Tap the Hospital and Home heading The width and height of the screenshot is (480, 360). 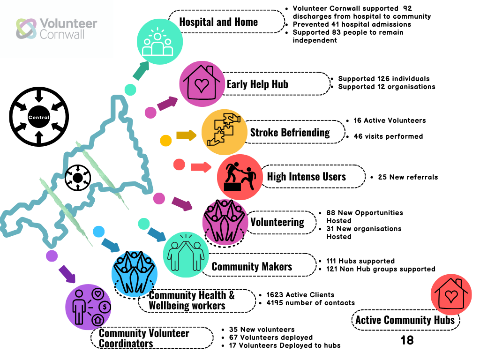click(x=218, y=22)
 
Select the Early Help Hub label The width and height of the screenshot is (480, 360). click(x=257, y=84)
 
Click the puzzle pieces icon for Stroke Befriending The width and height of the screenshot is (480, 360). click(x=224, y=132)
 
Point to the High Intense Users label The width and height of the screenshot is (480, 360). click(x=306, y=177)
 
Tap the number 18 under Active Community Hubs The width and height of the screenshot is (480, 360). click(x=407, y=340)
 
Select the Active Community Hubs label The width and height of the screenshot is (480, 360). click(x=405, y=320)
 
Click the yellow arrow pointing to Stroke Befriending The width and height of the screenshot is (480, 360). click(x=186, y=135)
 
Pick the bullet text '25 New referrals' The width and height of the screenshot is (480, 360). click(x=408, y=177)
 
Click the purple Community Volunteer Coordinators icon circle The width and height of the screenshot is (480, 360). click(x=89, y=306)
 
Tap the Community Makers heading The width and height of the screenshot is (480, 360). click(x=252, y=267)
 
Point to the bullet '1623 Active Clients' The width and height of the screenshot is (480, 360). click(x=300, y=295)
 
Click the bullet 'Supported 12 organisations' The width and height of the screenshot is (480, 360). click(x=386, y=87)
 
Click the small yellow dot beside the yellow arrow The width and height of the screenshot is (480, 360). click(x=166, y=140)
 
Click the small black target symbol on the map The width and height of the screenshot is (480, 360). click(x=77, y=178)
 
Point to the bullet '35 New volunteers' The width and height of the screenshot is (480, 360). click(x=262, y=330)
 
